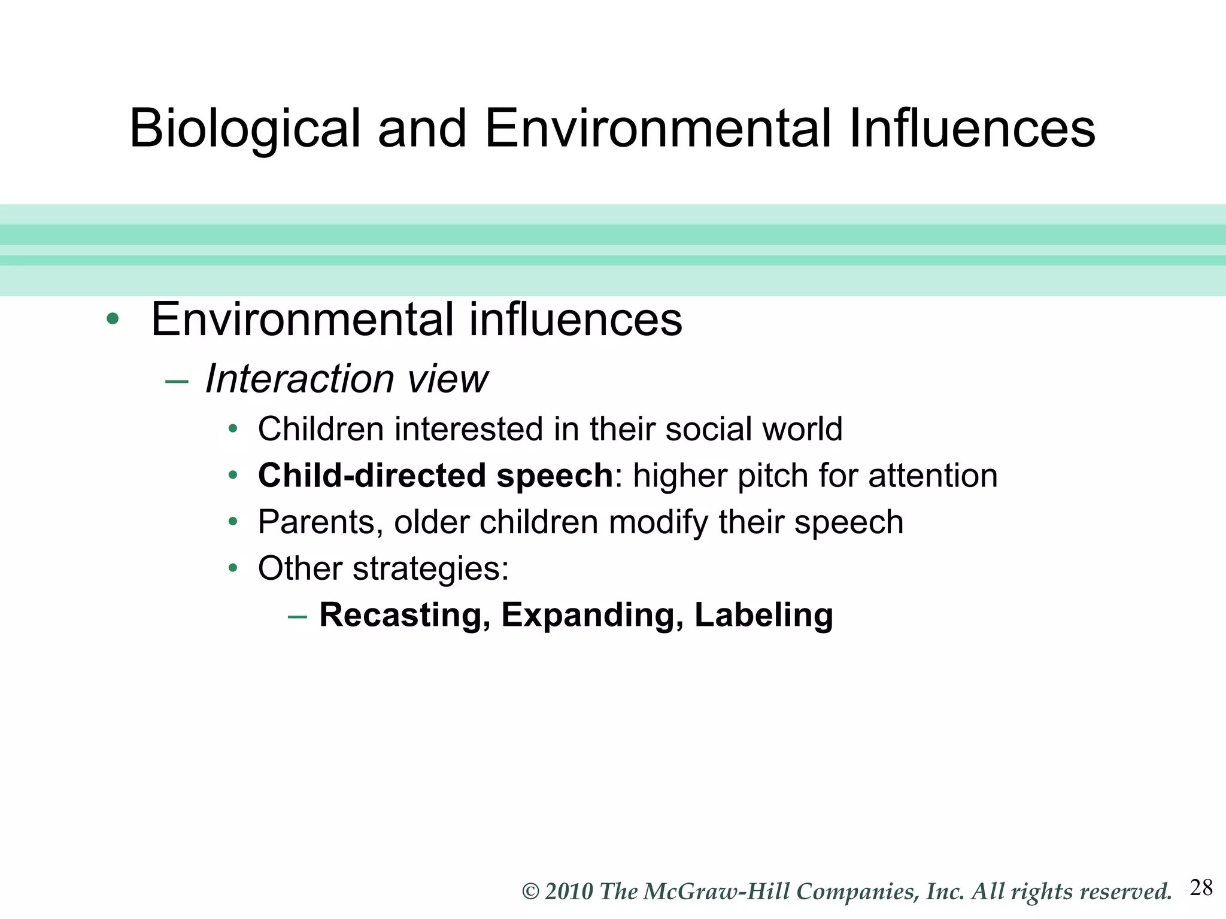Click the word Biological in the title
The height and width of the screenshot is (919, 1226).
pos(244,129)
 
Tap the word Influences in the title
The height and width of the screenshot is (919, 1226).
pos(972,128)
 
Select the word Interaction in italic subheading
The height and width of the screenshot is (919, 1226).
pos(299,379)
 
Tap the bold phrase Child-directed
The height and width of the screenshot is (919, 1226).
pos(372,476)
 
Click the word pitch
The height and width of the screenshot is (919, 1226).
pos(772,477)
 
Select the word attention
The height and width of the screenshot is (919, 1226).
pos(933,476)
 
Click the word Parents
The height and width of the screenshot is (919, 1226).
pos(320,522)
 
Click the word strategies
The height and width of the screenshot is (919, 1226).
pos(430,569)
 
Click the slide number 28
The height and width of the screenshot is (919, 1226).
pos(1201,888)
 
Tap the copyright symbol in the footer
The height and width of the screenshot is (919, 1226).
pos(531,892)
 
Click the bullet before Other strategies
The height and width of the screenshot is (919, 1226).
pos(233,568)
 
